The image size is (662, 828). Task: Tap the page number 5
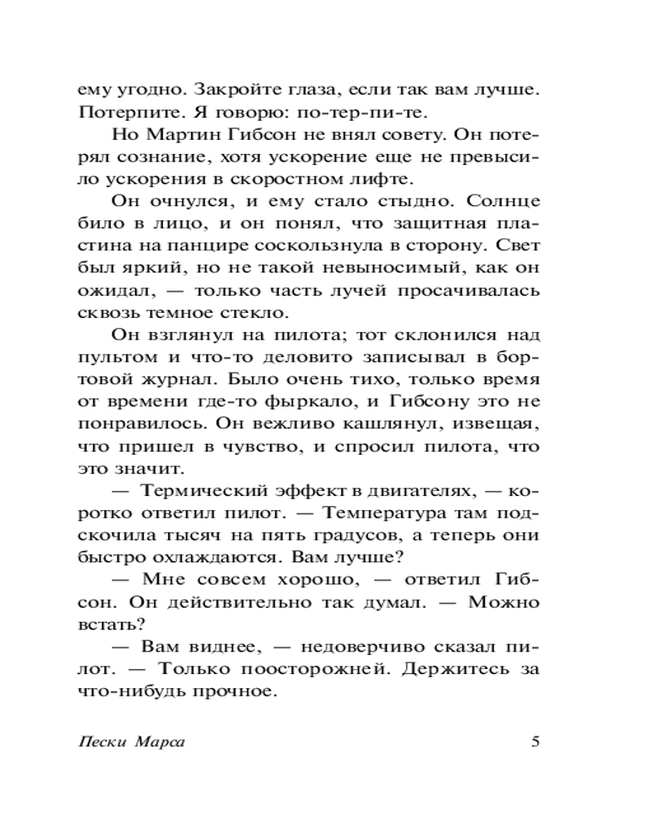pyautogui.click(x=535, y=741)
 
